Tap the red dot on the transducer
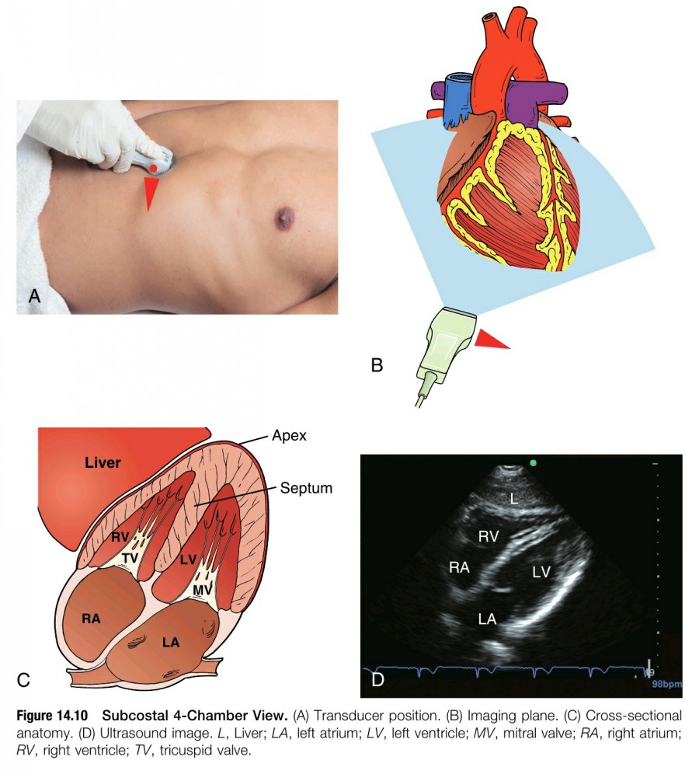point(155,168)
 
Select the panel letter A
point(33,295)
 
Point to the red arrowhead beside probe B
point(491,340)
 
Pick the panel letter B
point(377,364)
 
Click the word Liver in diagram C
point(103,463)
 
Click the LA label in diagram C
point(172,643)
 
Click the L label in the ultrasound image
point(513,500)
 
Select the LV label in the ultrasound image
point(541,572)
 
